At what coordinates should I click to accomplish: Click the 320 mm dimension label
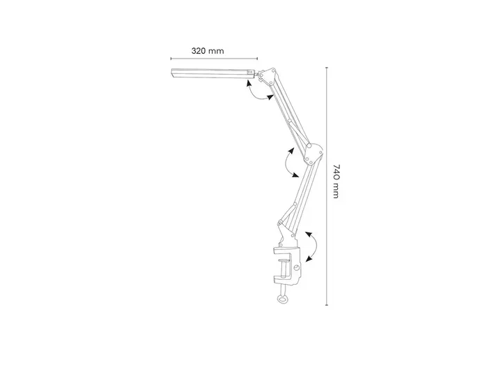click(x=208, y=51)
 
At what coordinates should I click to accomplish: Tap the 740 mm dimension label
click(x=336, y=181)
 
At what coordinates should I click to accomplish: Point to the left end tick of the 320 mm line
click(x=171, y=58)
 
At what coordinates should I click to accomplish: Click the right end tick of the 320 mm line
click(x=257, y=58)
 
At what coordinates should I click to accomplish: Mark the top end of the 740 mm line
click(x=327, y=67)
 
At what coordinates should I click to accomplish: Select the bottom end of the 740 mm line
click(x=327, y=305)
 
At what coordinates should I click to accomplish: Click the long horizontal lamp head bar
click(x=212, y=73)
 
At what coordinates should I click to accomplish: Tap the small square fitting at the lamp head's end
click(x=249, y=73)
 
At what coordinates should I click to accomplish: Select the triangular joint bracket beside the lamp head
click(x=268, y=76)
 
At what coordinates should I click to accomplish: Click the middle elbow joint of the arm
click(x=314, y=153)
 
